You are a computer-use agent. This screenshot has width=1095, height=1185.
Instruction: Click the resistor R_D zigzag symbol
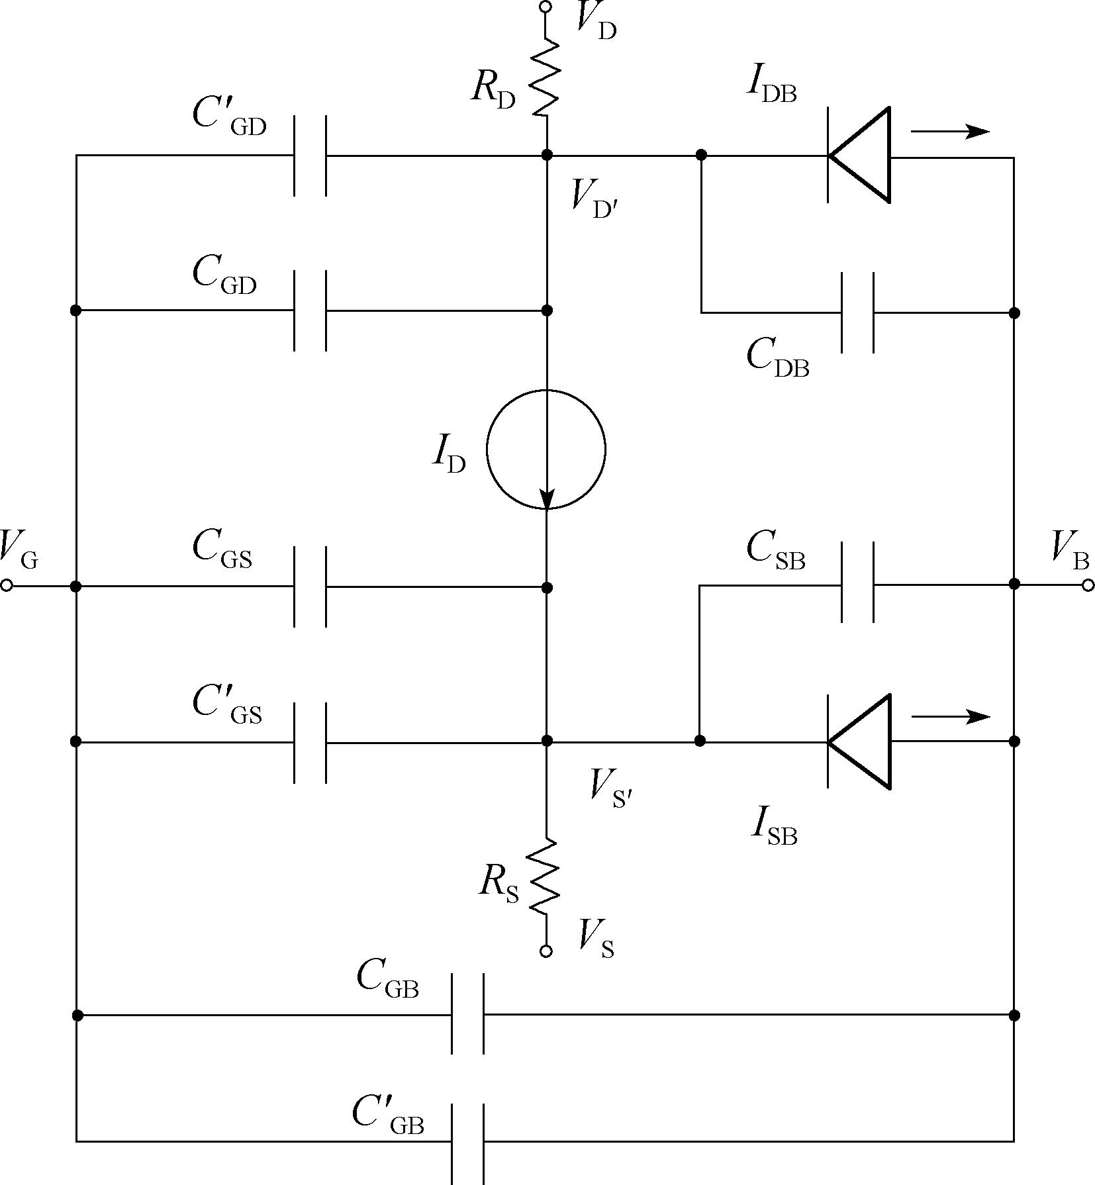point(546,78)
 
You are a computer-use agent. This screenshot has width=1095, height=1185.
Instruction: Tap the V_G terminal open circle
point(7,586)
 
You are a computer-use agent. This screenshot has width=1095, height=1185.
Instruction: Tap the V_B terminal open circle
point(1088,585)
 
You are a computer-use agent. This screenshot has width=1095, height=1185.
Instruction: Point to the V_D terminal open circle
point(546,7)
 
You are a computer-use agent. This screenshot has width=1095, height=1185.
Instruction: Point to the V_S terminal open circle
point(546,951)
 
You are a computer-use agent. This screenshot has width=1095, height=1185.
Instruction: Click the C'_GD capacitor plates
point(310,156)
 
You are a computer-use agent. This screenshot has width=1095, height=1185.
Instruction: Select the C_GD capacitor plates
point(310,310)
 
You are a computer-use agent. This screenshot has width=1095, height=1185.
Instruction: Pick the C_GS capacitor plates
point(310,587)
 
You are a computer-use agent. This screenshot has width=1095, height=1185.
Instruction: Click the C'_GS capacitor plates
point(310,743)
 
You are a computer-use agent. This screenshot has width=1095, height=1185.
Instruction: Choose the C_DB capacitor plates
point(857,312)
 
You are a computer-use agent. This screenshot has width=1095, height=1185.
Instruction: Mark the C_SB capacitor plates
point(857,583)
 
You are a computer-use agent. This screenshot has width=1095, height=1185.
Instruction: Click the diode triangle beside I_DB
point(859,156)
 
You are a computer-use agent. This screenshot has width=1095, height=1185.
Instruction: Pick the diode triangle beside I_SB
point(859,741)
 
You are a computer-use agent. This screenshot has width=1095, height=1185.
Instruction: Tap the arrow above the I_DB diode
point(950,131)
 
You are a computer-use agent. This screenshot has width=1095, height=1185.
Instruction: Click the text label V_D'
point(596,197)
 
